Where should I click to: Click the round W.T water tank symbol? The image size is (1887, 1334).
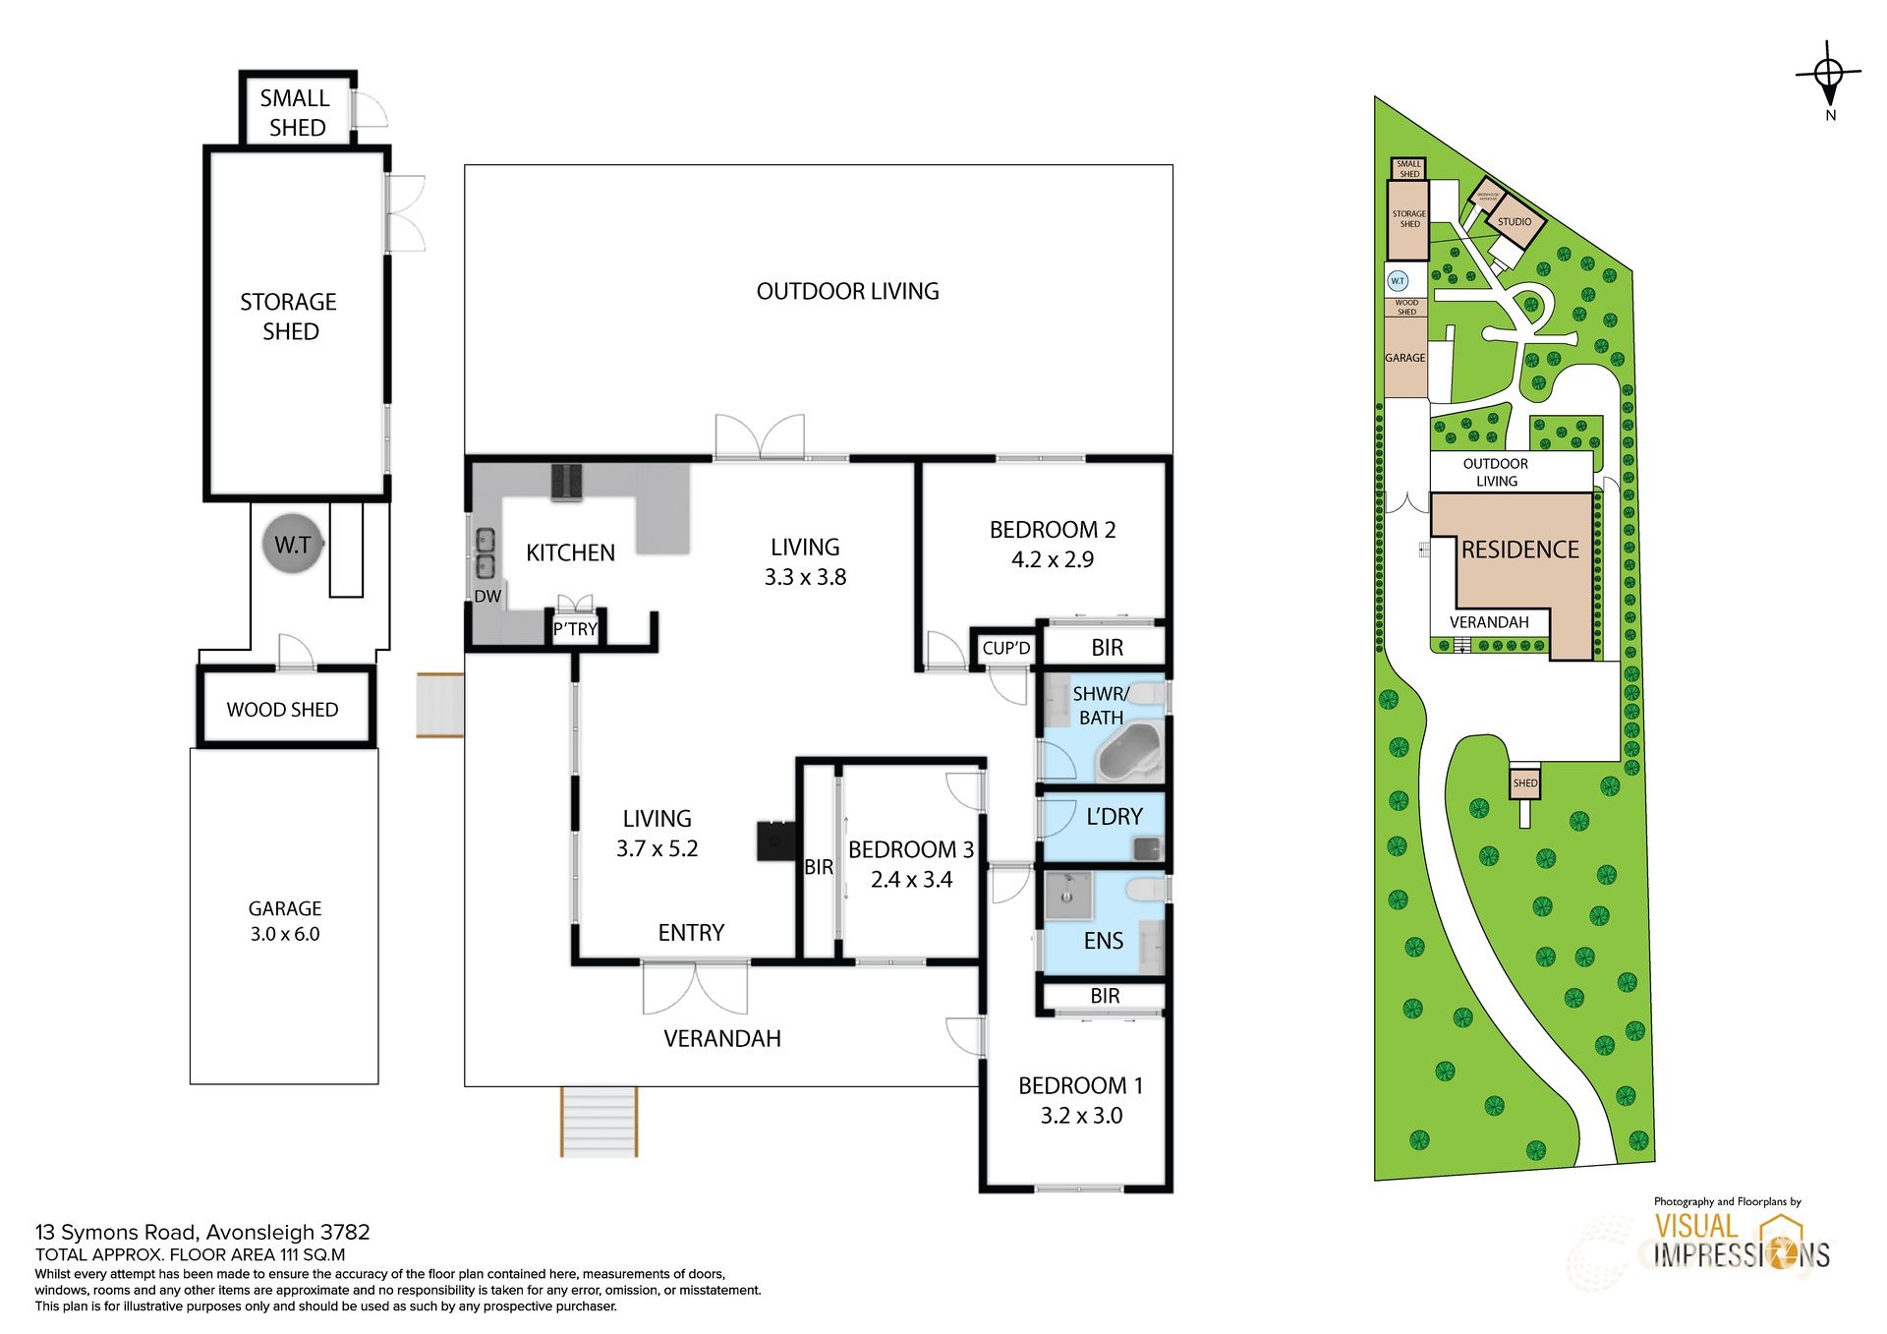[292, 544]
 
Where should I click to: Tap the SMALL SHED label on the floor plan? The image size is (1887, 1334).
[296, 113]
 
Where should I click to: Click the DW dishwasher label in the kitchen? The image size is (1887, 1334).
[487, 597]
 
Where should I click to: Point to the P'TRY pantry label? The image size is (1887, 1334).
[575, 629]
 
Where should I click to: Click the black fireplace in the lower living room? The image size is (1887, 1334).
[776, 841]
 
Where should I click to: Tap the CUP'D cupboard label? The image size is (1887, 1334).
[1006, 648]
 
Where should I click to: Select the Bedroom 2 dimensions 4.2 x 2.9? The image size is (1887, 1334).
[1053, 559]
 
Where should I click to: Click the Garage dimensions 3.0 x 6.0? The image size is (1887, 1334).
[285, 934]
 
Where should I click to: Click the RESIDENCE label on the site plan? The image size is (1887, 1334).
[1519, 550]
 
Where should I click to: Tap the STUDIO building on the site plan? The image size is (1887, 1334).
[1515, 222]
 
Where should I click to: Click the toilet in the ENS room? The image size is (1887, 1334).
[1146, 890]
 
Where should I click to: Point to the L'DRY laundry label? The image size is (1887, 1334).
[1115, 817]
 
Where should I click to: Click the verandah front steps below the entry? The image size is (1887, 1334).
[600, 1122]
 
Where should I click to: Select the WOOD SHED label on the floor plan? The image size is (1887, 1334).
[283, 710]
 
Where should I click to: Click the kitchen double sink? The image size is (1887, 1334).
[485, 553]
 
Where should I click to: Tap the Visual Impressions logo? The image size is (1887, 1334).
[1742, 1242]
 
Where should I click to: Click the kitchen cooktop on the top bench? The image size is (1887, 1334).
[567, 482]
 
